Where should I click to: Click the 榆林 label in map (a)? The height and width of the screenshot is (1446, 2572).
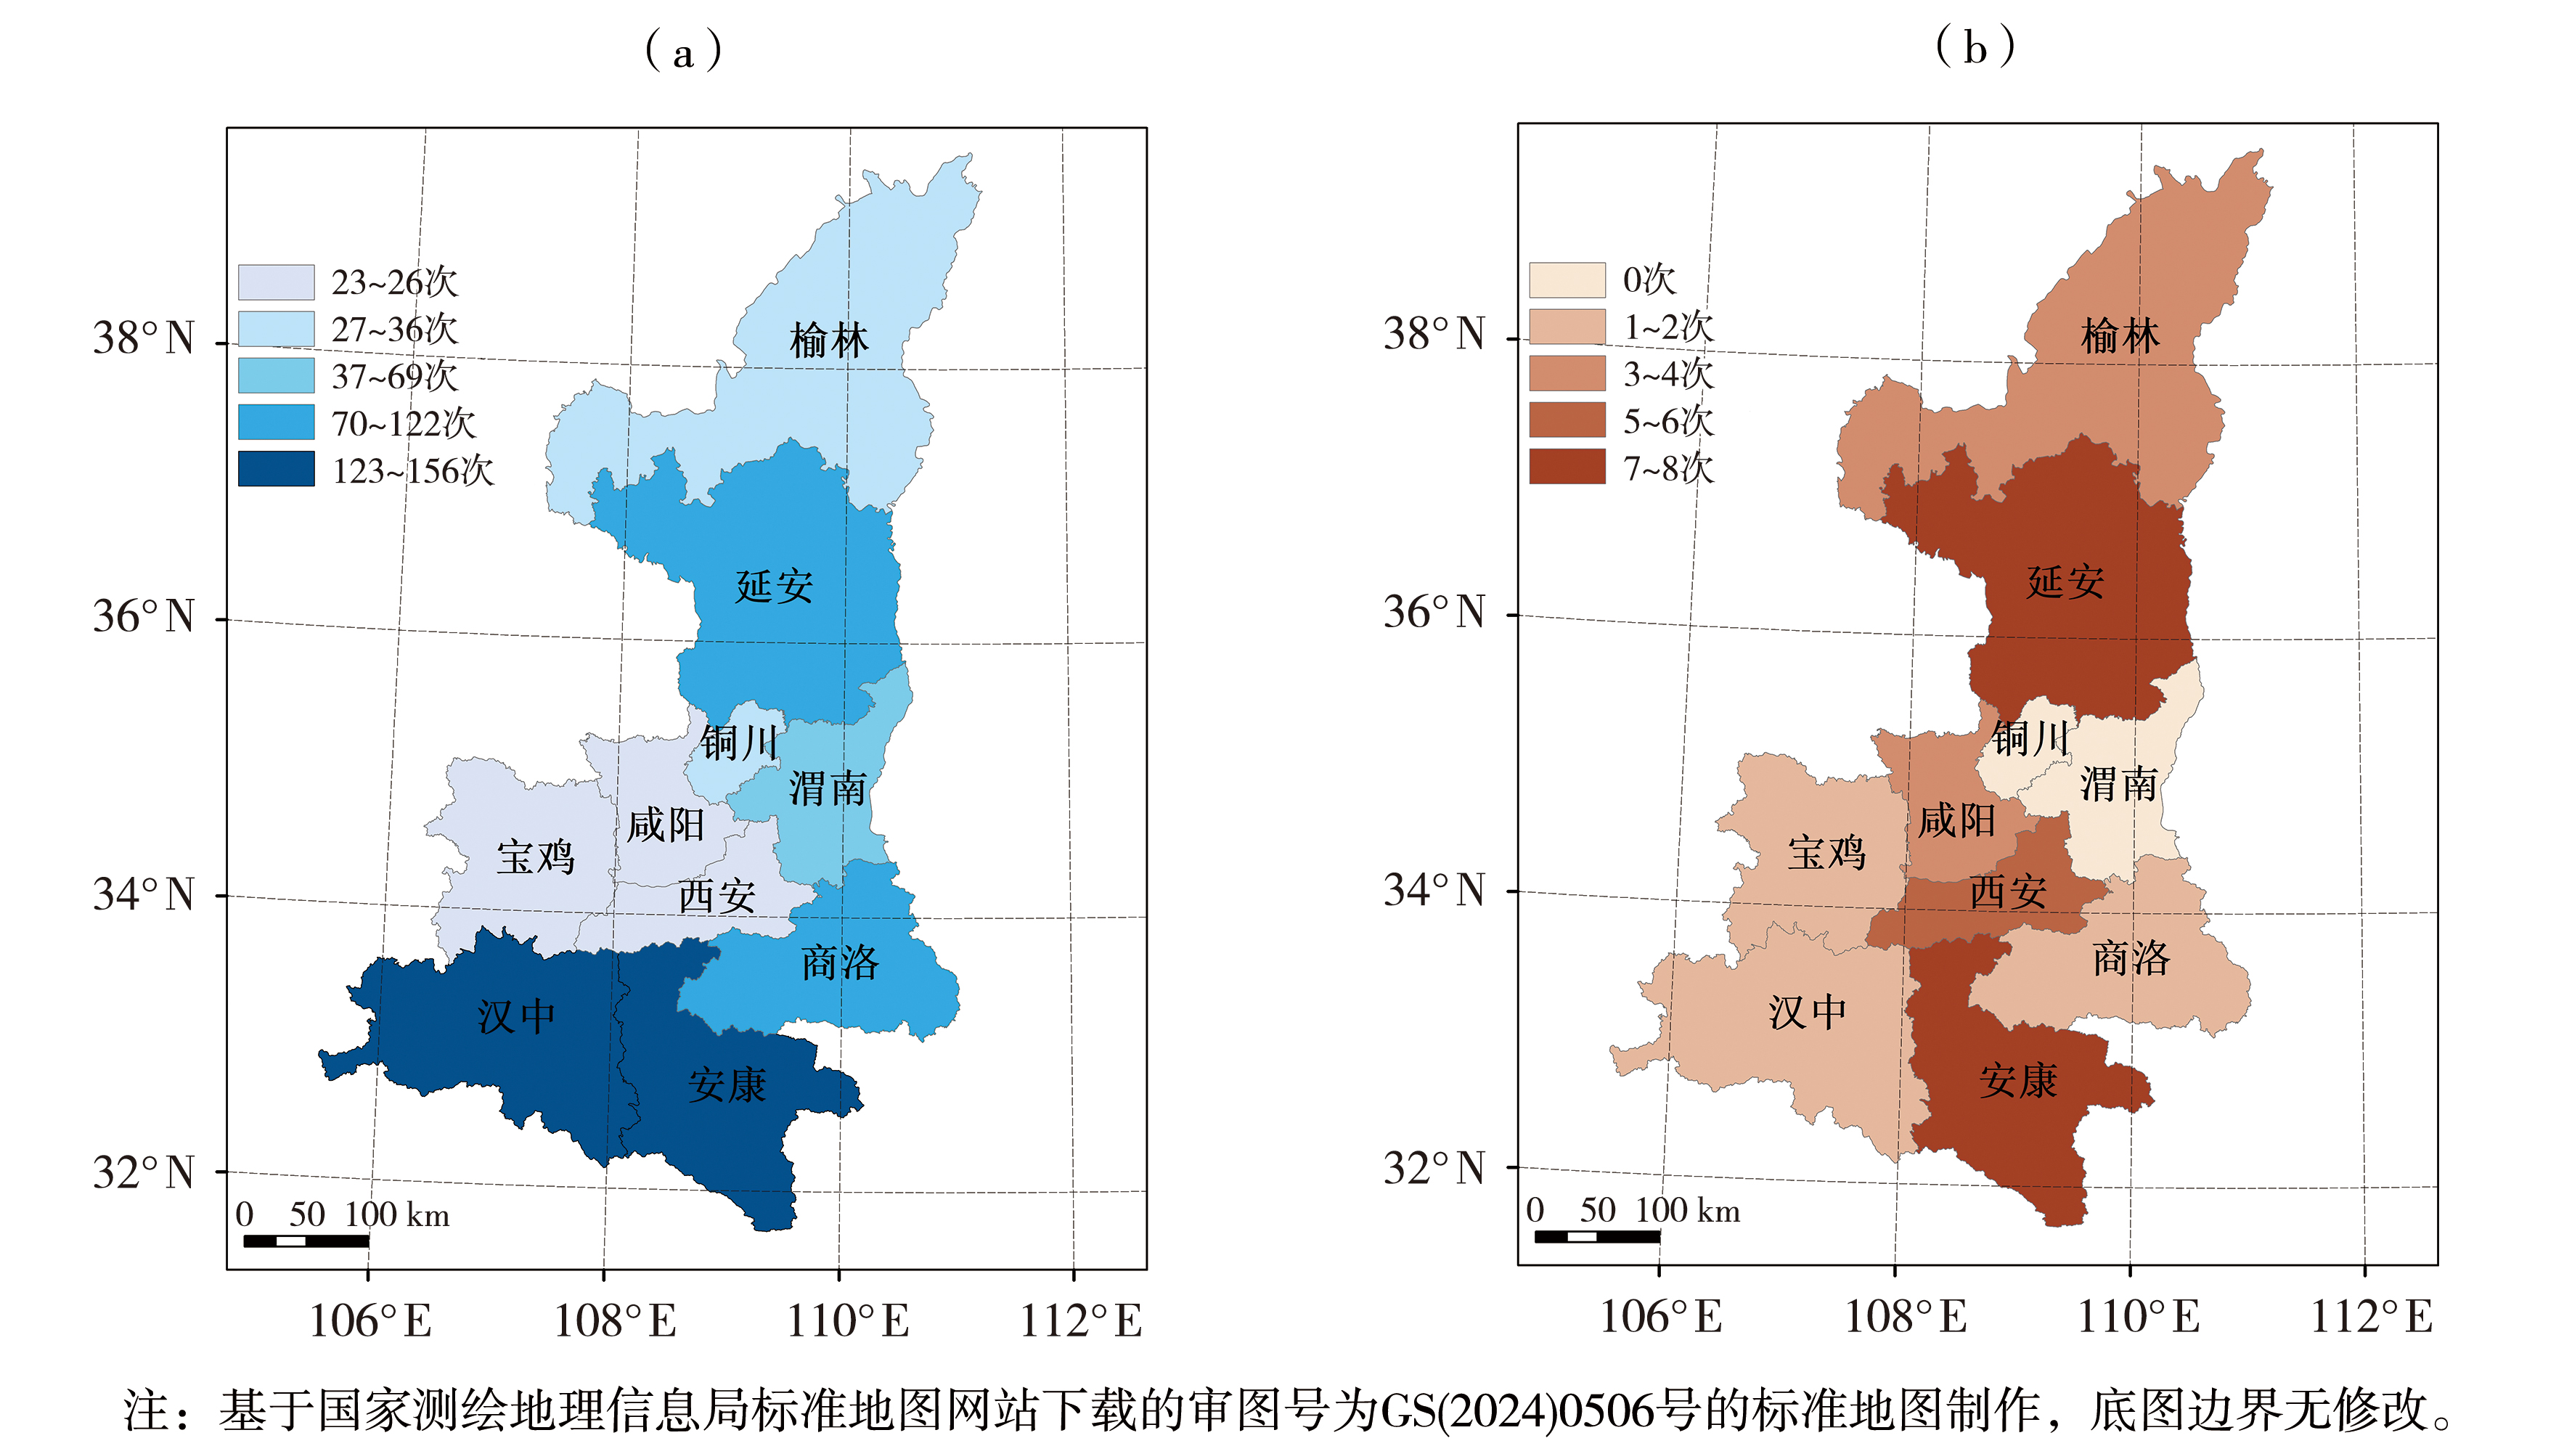829,340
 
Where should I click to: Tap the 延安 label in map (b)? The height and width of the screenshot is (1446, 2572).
2065,581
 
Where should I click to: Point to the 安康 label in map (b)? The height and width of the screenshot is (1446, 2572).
2019,1080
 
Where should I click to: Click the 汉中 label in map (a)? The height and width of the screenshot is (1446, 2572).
516,1016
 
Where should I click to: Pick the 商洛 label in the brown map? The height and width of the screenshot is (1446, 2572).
2131,959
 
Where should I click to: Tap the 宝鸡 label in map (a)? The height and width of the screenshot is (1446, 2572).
536,857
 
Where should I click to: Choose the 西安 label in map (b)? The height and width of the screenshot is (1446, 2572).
2007,891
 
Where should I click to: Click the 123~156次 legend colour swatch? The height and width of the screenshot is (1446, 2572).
277,470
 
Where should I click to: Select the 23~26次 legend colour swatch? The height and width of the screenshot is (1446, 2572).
277,282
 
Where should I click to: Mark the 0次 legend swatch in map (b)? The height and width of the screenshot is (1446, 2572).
1567,279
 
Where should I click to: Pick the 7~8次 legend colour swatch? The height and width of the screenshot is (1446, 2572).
1567,466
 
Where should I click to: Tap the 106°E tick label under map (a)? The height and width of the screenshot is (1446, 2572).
370,1321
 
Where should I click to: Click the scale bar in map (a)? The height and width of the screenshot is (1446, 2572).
306,1241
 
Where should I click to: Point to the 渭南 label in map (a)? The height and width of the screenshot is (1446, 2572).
828,788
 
